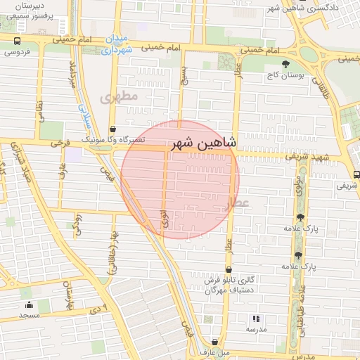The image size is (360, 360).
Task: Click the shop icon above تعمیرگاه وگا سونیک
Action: [x=113, y=129]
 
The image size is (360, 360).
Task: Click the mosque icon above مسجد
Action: [x=29, y=304]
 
